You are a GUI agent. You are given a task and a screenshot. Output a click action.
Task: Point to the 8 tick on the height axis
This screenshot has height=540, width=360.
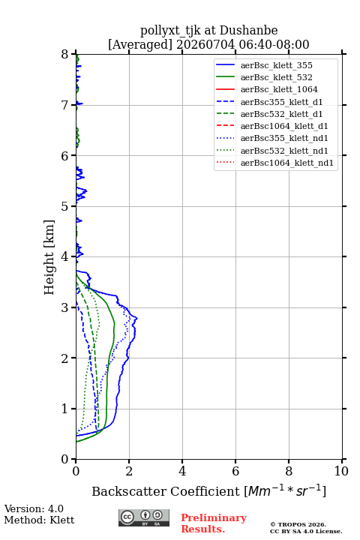coord(73,54)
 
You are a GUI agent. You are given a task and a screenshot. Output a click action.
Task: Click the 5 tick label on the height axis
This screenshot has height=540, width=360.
coord(65,206)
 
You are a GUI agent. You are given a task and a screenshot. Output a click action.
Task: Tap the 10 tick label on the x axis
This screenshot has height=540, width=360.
coord(341,471)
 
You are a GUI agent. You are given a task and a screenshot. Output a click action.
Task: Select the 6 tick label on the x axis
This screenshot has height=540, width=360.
coord(235,471)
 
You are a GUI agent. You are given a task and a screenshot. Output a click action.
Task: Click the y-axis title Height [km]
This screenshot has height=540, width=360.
coord(49,257)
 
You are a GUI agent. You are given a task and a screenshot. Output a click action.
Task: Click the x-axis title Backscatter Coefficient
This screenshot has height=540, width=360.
coord(166,491)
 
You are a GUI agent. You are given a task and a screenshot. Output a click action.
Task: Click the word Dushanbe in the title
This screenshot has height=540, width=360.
coord(248,31)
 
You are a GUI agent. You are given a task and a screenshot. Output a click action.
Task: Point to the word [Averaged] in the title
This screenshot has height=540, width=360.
coord(139,45)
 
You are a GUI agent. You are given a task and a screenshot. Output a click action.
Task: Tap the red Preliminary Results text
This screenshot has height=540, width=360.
coord(214,523)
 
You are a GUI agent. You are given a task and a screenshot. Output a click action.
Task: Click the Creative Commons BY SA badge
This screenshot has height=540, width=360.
coord(144,518)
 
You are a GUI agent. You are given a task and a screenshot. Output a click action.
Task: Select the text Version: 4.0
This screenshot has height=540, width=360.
coord(34,508)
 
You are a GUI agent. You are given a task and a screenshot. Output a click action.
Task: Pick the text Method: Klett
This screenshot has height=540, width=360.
coord(39,520)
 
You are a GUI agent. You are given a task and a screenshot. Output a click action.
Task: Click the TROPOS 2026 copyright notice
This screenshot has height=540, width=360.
coord(298,524)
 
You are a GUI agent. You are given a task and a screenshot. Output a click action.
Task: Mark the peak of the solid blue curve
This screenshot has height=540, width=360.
coord(137,318)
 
